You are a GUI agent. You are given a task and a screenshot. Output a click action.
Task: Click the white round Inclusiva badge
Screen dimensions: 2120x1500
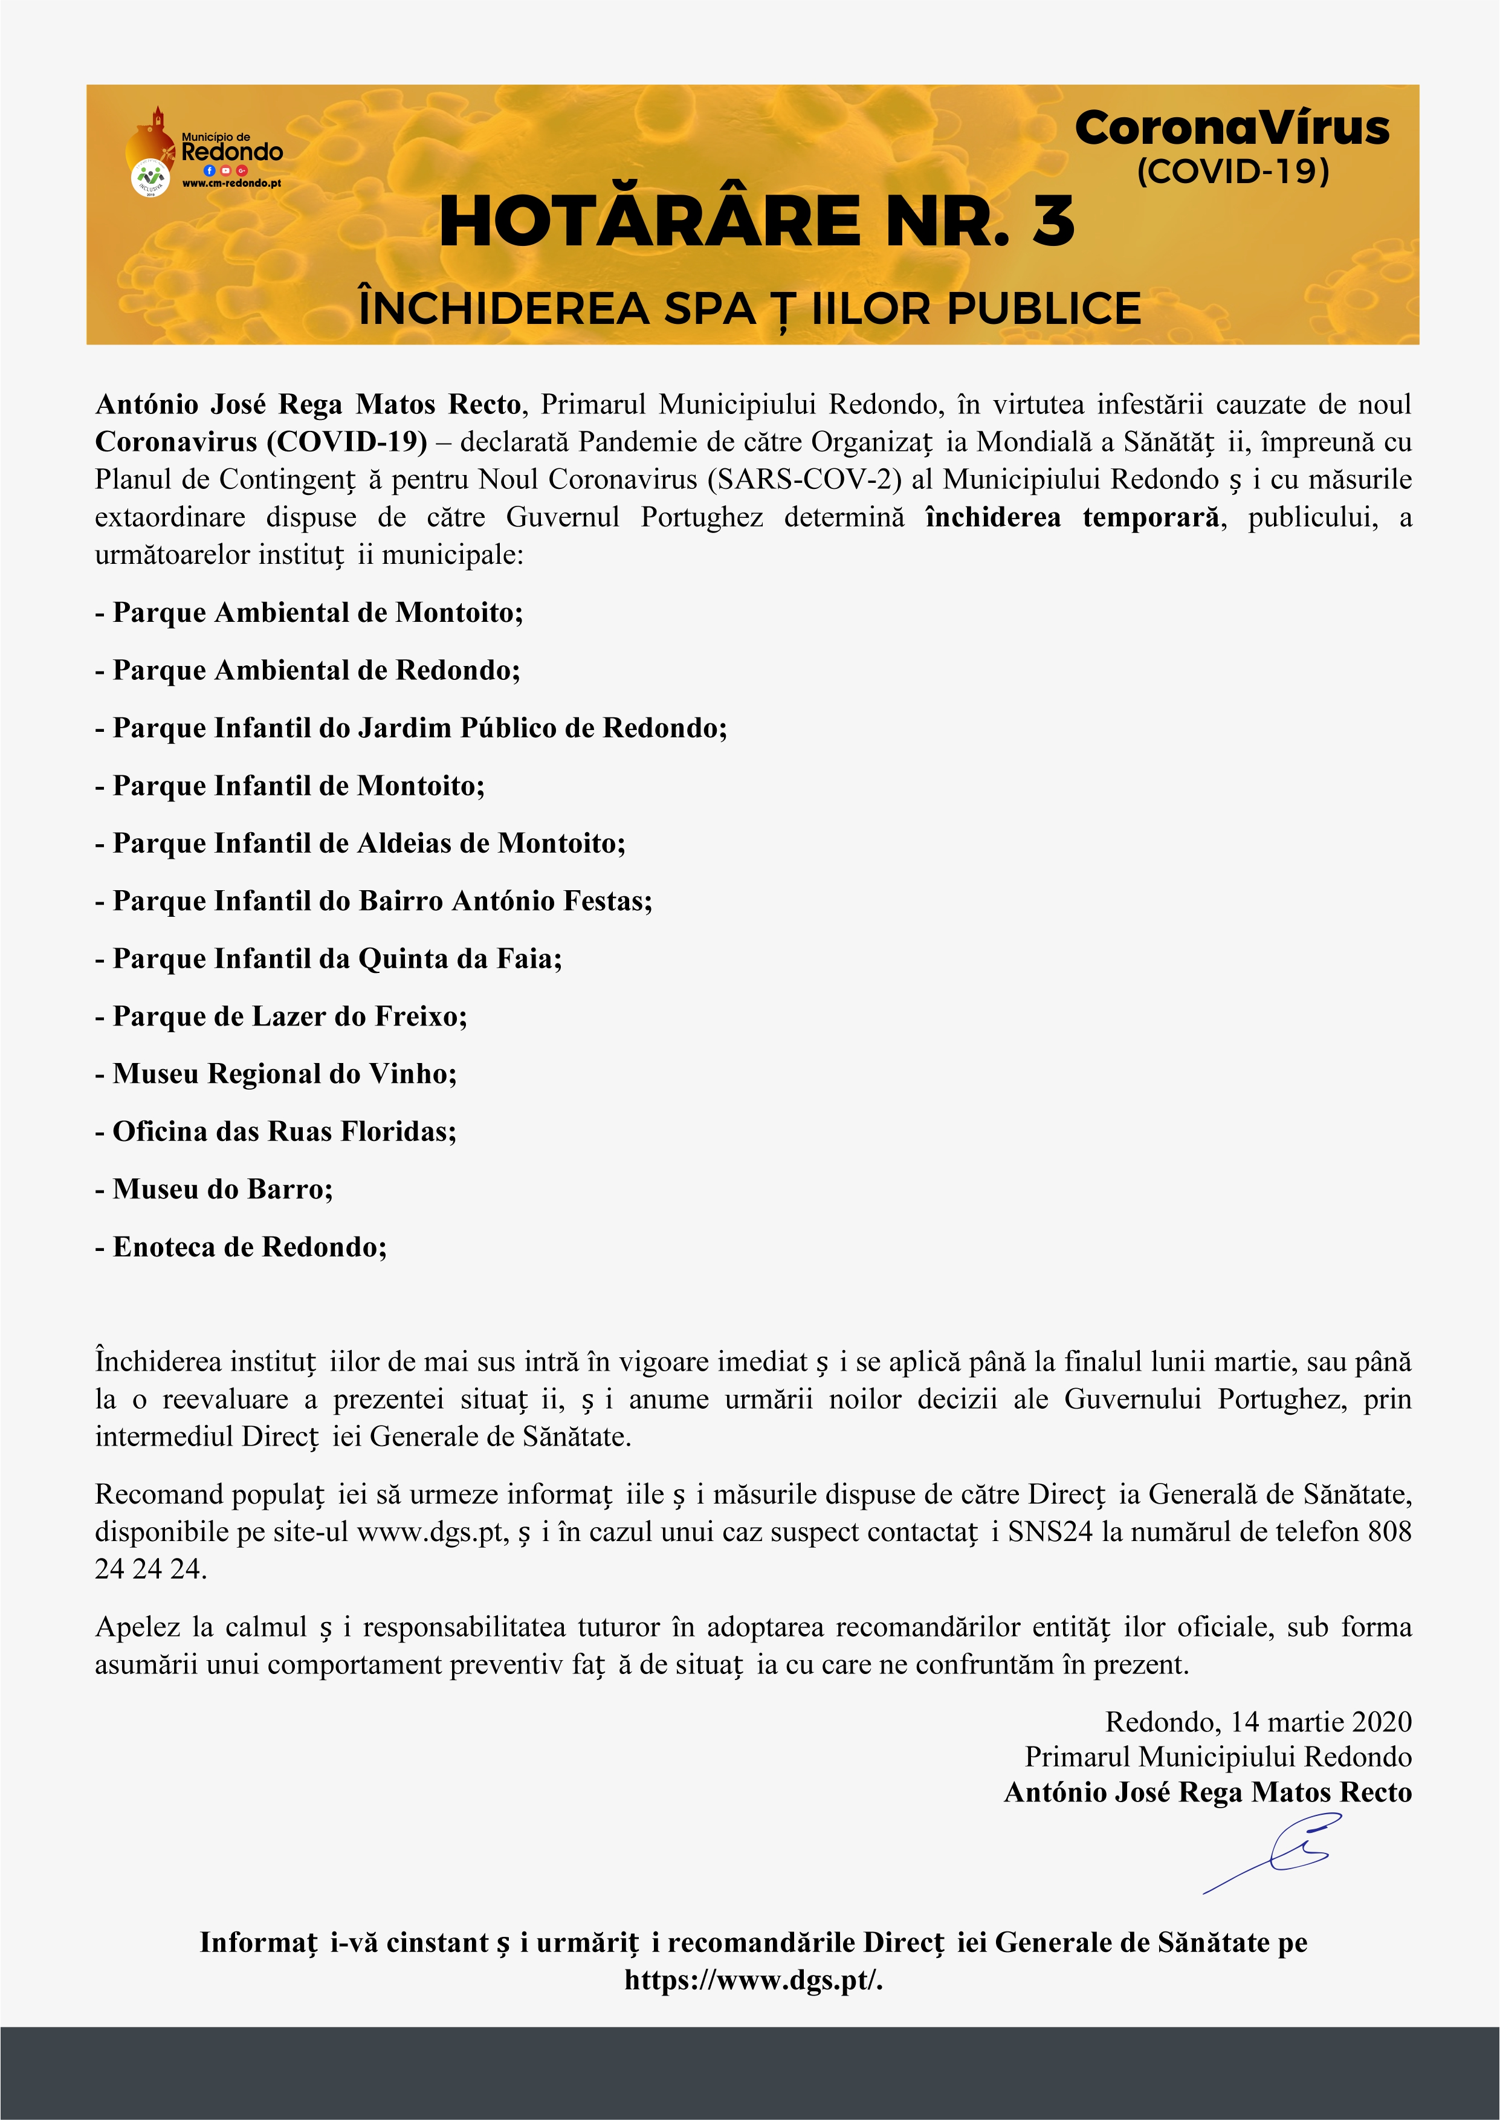point(150,177)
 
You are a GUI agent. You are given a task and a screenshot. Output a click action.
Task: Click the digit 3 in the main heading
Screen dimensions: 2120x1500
point(1053,222)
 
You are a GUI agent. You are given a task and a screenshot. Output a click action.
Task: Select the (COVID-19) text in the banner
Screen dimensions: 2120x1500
point(1232,172)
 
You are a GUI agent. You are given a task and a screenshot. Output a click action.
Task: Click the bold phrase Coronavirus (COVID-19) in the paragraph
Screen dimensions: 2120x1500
point(260,442)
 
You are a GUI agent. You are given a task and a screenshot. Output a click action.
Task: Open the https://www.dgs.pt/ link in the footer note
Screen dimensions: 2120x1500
point(753,1980)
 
